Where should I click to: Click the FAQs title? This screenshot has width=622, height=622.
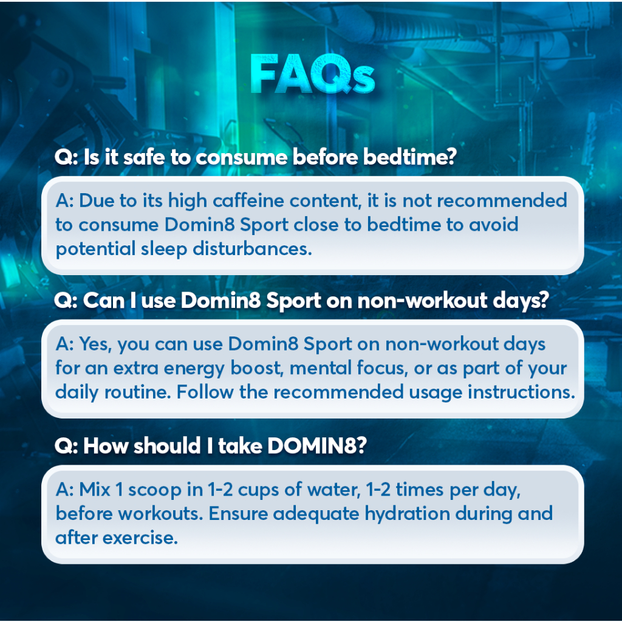point(312,74)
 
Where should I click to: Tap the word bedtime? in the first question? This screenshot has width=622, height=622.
point(410,157)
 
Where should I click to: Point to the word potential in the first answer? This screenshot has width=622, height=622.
point(95,250)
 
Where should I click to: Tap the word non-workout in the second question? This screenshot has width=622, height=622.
point(423,300)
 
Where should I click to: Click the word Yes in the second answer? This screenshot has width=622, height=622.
point(95,344)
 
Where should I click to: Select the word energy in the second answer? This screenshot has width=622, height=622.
point(194,369)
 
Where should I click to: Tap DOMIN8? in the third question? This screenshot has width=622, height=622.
point(317,446)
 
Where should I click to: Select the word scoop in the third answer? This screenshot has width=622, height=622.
point(155,490)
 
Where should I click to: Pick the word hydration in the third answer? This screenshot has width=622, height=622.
point(408,514)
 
